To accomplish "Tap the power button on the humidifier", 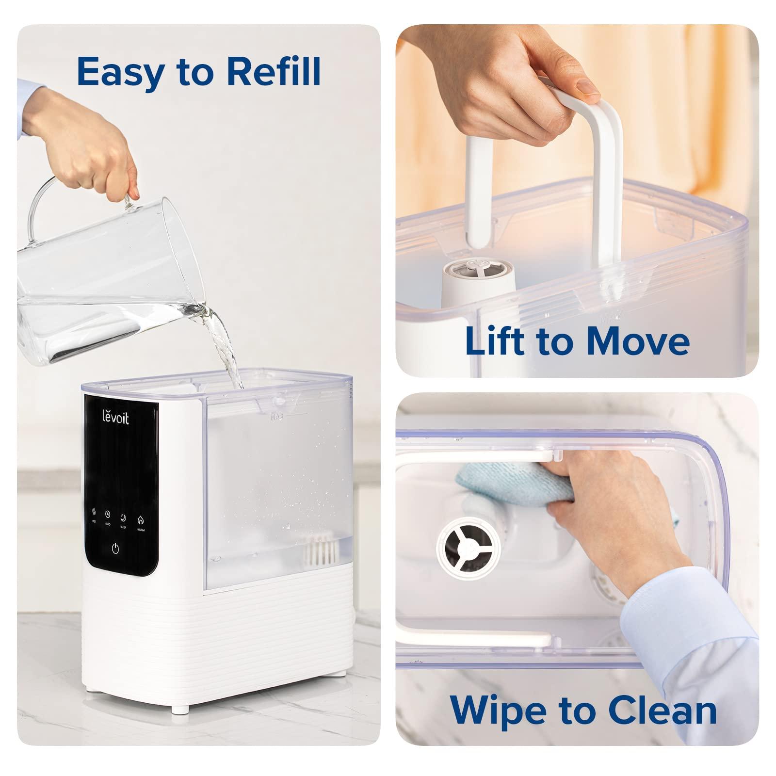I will (115, 549).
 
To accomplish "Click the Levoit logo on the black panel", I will (115, 418).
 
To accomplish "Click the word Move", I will (637, 340).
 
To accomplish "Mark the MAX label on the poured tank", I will (277, 416).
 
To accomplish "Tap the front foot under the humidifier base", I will (180, 709).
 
